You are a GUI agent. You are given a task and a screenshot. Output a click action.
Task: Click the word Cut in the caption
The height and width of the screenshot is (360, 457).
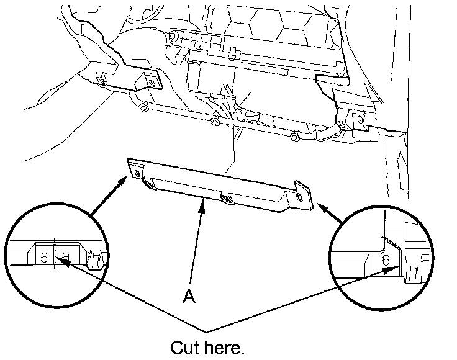click(x=186, y=346)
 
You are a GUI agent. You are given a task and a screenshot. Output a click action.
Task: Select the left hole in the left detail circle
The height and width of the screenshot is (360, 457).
click(x=43, y=257)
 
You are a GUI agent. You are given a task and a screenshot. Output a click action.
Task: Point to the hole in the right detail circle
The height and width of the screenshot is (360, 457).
click(x=386, y=259)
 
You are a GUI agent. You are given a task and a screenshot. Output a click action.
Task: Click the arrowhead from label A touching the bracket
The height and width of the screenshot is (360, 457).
click(x=202, y=205)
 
